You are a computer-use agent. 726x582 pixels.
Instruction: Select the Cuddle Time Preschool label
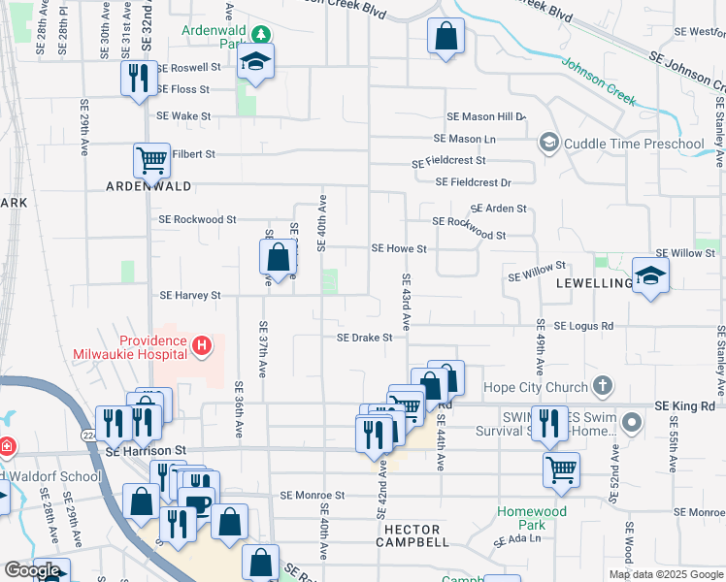(x=633, y=145)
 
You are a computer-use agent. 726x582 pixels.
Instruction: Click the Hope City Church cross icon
(x=603, y=386)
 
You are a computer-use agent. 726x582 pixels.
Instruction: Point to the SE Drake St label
(x=364, y=338)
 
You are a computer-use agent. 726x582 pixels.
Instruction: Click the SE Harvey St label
(x=190, y=295)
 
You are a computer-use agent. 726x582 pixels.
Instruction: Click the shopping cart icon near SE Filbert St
(x=151, y=159)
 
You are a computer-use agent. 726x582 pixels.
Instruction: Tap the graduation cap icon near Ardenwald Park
(x=255, y=61)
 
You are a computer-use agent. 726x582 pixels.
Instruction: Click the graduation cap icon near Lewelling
(x=650, y=275)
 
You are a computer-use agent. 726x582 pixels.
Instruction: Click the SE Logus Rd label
(x=584, y=326)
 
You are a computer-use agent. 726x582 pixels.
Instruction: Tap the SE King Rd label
(x=684, y=404)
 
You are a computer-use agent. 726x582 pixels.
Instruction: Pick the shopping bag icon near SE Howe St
(x=278, y=257)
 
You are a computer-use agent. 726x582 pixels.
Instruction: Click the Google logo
(x=32, y=570)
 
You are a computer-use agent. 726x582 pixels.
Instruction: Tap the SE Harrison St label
(x=146, y=451)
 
